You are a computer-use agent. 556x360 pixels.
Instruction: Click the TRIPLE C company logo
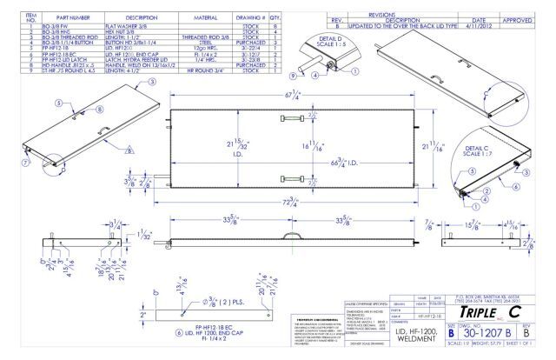pyautogui.click(x=491, y=312)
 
